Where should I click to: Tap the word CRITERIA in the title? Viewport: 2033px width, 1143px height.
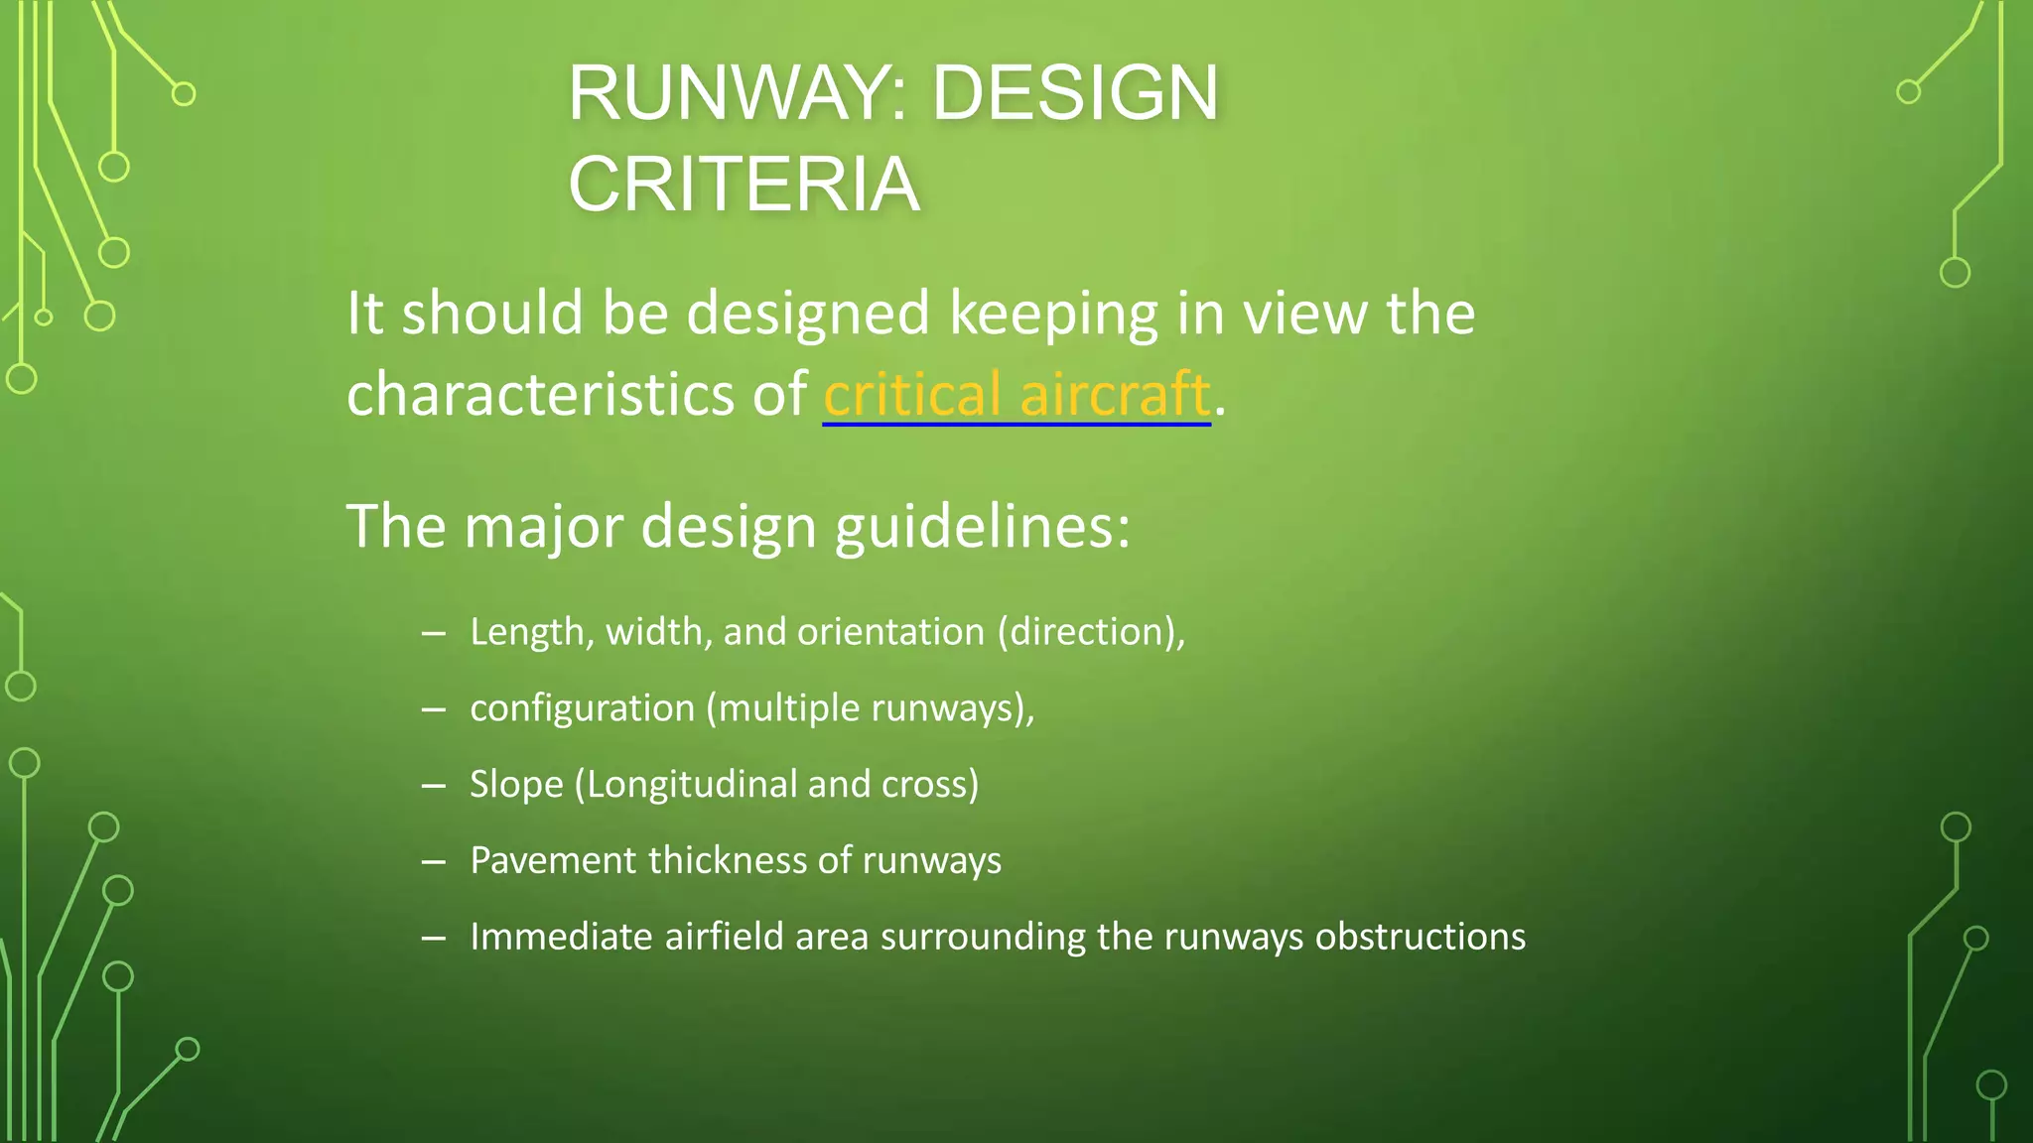click(744, 185)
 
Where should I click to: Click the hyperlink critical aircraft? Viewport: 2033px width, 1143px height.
click(1016, 394)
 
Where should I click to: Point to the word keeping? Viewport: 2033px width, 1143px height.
click(1053, 314)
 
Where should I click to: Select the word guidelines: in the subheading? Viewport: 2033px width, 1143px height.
click(982, 526)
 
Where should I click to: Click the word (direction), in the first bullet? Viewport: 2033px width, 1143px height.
click(1091, 632)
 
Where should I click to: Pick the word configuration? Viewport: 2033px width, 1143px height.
click(582, 708)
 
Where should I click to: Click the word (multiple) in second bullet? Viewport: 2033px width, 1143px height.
click(783, 708)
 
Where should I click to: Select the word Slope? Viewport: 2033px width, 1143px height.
click(516, 785)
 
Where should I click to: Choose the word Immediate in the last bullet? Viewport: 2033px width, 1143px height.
click(561, 937)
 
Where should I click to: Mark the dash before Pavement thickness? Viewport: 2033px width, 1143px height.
click(433, 861)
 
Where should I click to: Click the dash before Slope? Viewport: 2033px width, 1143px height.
click(433, 785)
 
